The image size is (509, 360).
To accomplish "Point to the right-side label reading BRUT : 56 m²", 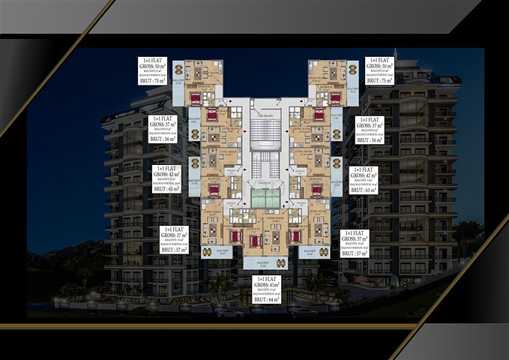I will pyautogui.click(x=370, y=139).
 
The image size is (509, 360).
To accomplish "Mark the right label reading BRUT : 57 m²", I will pyautogui.click(x=355, y=253).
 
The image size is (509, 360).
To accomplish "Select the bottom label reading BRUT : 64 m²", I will pyautogui.click(x=266, y=299).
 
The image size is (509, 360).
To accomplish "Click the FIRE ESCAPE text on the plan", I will pyautogui.click(x=263, y=112).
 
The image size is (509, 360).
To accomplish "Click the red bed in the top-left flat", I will pyautogui.click(x=198, y=98).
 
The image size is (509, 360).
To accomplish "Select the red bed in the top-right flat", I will pyautogui.click(x=334, y=97).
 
